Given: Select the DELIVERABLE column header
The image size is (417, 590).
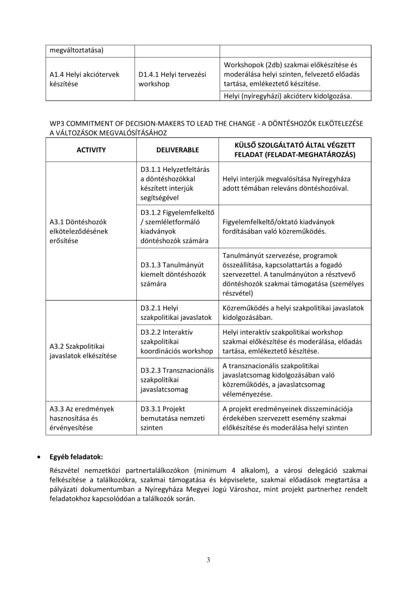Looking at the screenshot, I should pyautogui.click(x=177, y=150).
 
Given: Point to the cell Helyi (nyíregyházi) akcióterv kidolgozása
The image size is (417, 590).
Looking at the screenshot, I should pyautogui.click(x=287, y=96).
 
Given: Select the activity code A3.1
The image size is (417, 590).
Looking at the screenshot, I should pyautogui.click(x=59, y=221).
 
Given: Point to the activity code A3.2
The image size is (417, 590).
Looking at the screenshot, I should pyautogui.click(x=59, y=346).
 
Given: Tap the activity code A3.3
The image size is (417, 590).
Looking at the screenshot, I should pyautogui.click(x=59, y=409).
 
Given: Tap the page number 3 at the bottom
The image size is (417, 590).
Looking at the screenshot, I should pyautogui.click(x=208, y=559).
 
